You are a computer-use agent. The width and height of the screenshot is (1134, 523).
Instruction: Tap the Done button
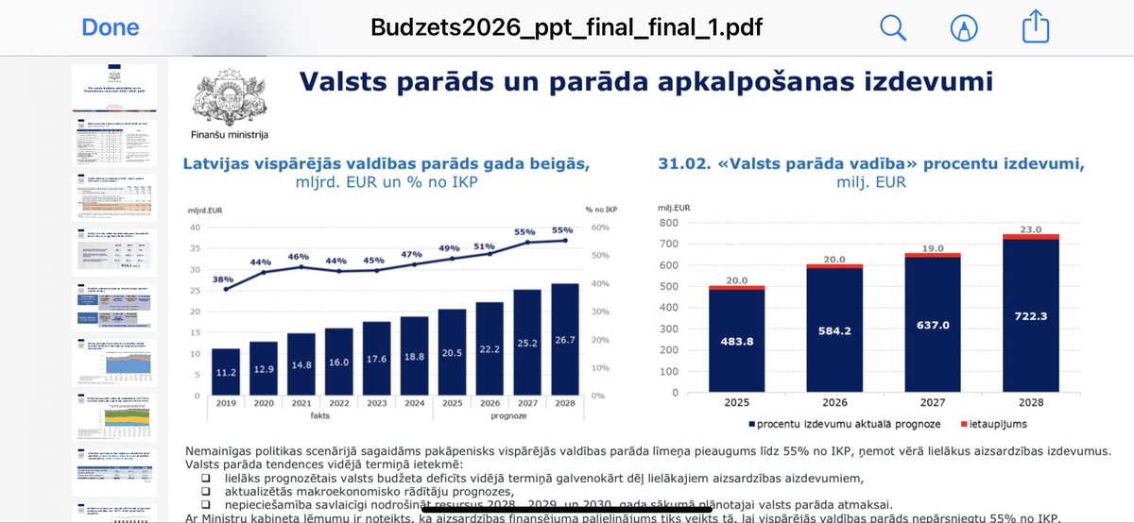coord(111,27)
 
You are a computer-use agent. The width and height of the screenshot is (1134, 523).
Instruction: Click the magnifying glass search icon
coord(893,27)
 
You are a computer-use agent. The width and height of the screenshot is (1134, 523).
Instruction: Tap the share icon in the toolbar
coord(1036,26)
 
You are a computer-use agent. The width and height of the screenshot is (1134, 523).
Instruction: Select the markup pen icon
coord(964,27)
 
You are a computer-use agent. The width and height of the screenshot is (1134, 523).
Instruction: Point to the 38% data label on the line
coord(223,278)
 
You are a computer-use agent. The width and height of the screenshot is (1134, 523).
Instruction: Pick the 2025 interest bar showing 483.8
coord(737,341)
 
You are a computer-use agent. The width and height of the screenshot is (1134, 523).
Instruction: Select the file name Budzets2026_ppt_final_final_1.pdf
coord(567,26)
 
